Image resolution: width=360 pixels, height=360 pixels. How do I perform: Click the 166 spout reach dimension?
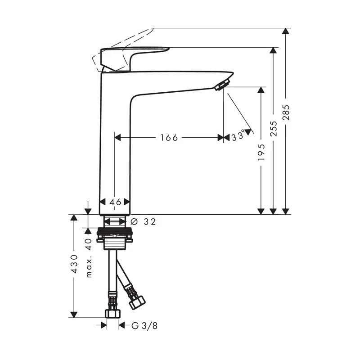(169, 138)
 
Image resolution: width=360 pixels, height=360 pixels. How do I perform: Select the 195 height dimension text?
(261, 153)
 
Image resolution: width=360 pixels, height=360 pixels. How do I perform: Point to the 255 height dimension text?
(274, 128)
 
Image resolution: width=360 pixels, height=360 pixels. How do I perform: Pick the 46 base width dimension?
(115, 202)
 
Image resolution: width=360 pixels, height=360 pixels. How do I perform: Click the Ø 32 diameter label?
(144, 221)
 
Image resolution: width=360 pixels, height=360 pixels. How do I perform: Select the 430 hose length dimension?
(74, 264)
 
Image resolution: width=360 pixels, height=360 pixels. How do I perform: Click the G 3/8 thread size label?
(144, 325)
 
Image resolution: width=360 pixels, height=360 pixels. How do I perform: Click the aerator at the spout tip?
(222, 85)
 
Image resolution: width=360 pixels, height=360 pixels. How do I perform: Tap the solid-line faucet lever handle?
(135, 56)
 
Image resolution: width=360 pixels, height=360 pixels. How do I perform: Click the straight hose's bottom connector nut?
(112, 313)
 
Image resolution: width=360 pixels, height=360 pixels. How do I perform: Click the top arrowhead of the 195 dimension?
(261, 90)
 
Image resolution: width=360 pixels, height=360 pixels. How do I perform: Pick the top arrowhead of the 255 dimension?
(273, 50)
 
